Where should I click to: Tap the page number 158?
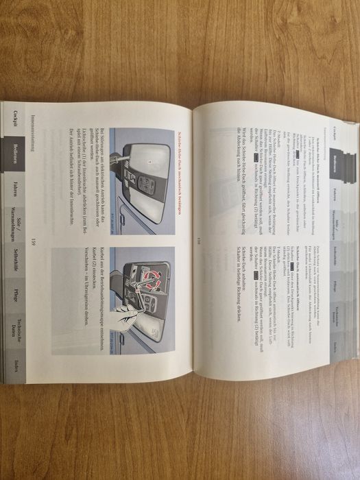197,239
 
